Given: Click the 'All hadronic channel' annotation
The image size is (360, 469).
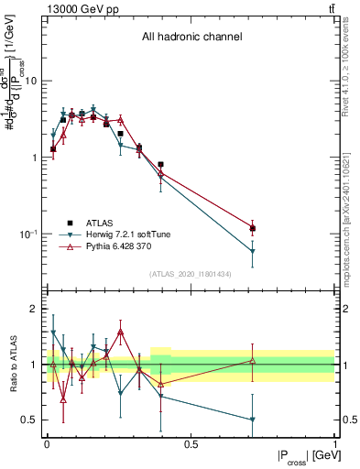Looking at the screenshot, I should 191,38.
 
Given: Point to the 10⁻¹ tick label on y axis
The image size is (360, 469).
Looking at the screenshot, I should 29,234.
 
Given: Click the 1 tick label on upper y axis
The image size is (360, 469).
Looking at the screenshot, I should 35,158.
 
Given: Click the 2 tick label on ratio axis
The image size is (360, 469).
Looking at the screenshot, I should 35,310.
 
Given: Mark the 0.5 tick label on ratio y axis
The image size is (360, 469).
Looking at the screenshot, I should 30,420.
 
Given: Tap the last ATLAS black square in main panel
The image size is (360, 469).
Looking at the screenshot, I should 252,228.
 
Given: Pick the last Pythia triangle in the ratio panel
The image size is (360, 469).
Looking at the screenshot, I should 252,360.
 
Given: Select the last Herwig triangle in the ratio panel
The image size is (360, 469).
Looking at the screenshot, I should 252,420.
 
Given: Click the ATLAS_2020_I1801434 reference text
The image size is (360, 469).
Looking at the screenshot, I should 191,274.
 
